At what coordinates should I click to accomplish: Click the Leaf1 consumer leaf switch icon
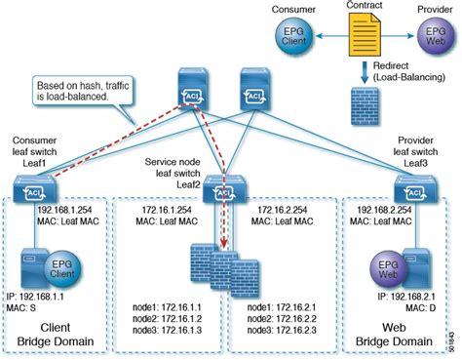click(38, 186)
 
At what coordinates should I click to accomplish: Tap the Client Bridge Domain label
click(60, 333)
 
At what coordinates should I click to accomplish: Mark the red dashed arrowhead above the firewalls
click(226, 250)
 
